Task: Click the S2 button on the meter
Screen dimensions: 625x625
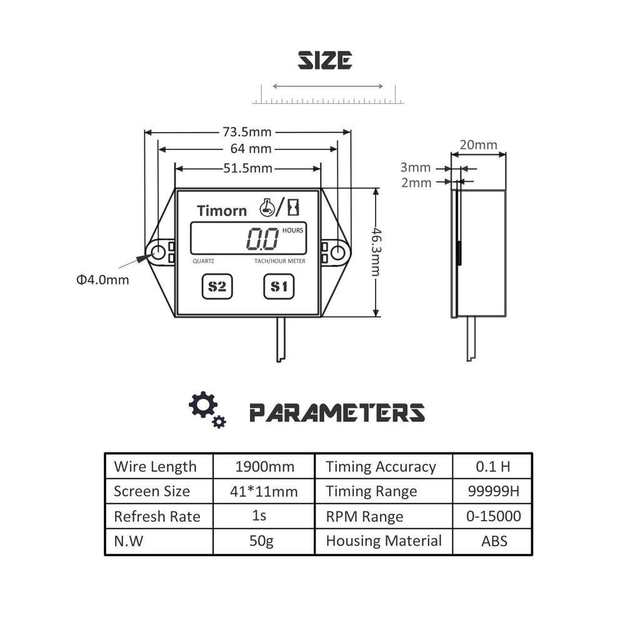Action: point(217,287)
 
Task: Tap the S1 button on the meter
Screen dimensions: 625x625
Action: point(279,287)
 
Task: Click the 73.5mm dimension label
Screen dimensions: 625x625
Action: point(247,132)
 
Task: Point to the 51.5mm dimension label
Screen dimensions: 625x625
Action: point(247,167)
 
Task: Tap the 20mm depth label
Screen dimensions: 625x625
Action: point(478,145)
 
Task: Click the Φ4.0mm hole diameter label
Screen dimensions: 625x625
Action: point(103,279)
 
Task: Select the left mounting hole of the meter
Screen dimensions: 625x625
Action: point(158,252)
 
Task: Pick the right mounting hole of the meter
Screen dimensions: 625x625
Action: point(337,252)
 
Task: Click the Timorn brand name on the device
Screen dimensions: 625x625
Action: point(222,211)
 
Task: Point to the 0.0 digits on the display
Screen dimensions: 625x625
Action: point(262,239)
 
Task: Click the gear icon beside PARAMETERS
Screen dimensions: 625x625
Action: point(204,406)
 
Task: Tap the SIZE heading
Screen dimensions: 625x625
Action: point(324,61)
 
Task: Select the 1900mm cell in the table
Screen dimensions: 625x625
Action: point(264,466)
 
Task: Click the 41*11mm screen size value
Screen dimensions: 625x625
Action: point(264,491)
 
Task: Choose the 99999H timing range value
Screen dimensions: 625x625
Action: point(493,491)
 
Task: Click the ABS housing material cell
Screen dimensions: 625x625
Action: point(494,541)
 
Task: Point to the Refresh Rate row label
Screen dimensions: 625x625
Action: point(157,516)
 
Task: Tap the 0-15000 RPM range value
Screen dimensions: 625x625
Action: point(493,516)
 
